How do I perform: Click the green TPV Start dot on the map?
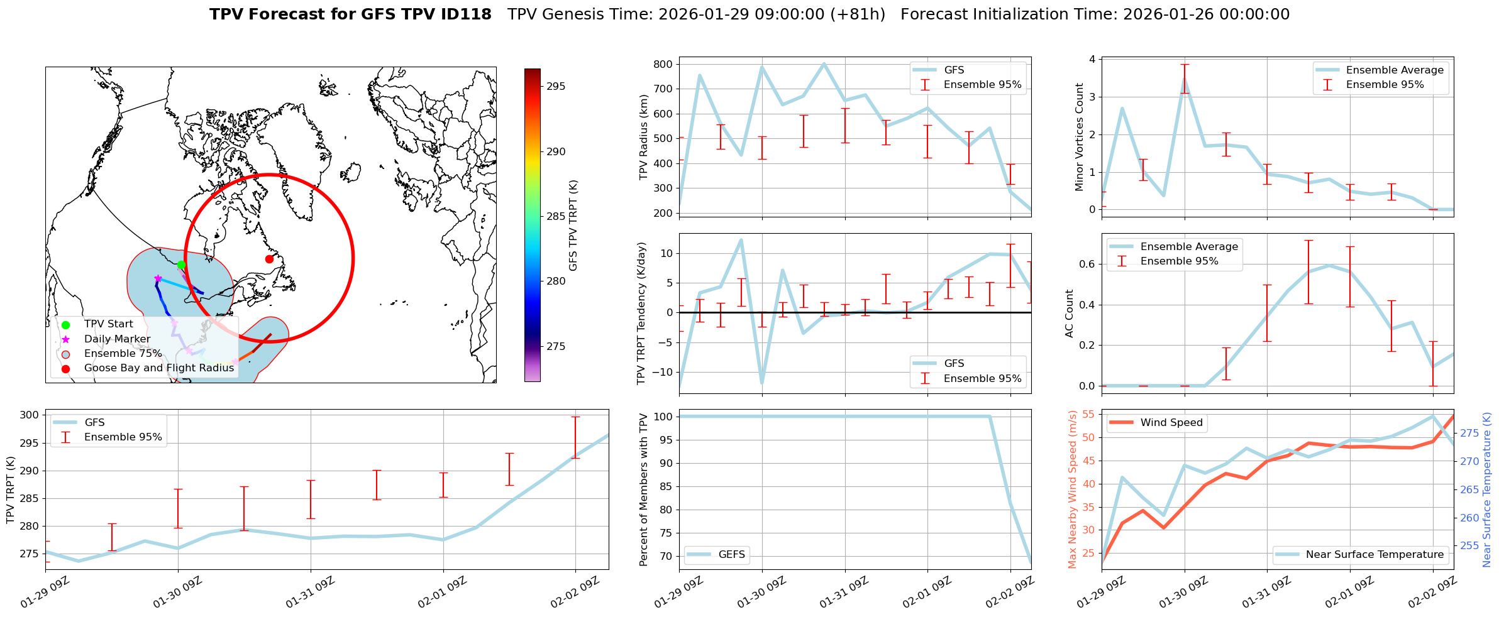(181, 265)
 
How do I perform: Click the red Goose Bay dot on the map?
(269, 259)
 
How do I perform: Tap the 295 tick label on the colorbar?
(555, 87)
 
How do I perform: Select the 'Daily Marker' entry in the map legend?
(117, 339)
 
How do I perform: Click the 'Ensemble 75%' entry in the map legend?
(123, 353)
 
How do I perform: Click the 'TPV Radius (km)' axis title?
(643, 137)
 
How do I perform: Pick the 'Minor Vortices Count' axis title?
(1079, 137)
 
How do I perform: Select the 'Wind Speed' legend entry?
(1171, 422)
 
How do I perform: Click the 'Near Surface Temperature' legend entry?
(1375, 554)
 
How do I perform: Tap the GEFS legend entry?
(731, 554)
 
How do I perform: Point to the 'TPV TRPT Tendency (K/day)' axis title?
(641, 313)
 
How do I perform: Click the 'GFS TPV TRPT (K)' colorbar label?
(573, 226)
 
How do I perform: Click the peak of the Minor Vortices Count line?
(1185, 78)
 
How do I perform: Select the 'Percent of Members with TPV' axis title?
(643, 489)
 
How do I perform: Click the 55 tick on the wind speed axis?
(1088, 414)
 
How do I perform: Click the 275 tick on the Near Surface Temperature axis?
(1469, 433)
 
